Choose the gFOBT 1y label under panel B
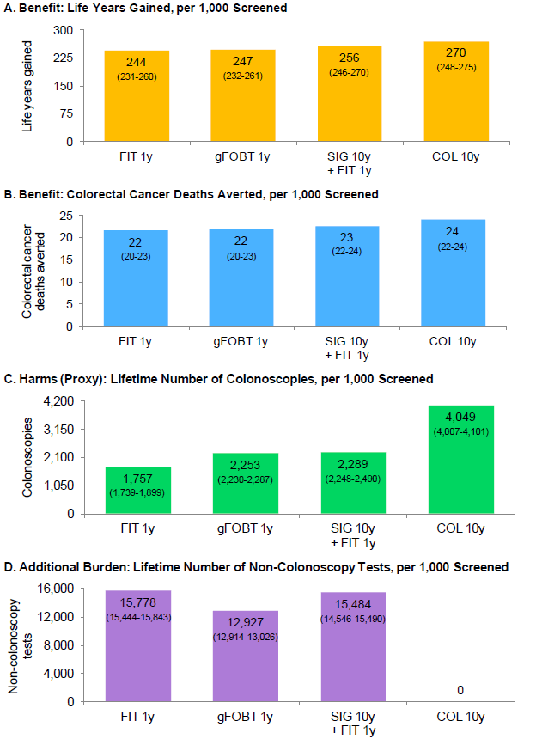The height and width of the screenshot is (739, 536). coord(243,340)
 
